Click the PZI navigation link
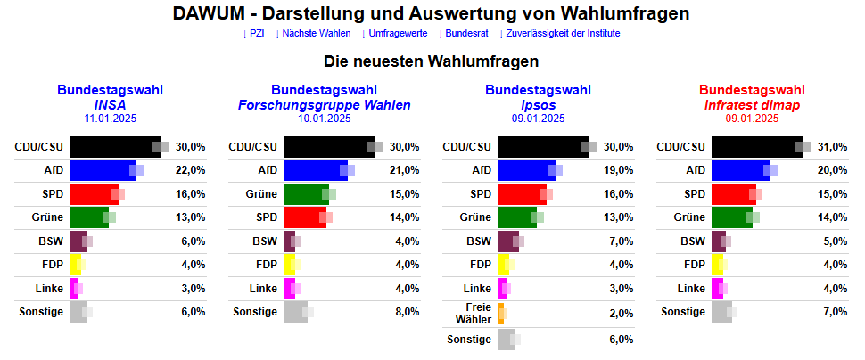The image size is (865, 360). [x=253, y=34]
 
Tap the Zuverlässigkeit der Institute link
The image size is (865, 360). [x=558, y=34]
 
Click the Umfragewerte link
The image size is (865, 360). [x=393, y=34]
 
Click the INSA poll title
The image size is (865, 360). [x=110, y=104]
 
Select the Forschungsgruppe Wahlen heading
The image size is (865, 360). [x=325, y=104]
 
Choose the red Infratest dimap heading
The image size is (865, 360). [x=752, y=104]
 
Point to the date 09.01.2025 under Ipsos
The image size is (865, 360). [x=538, y=118]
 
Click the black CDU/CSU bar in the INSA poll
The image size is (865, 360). [x=114, y=146]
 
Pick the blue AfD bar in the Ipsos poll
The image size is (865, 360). [x=525, y=170]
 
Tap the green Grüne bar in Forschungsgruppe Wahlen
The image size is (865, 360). [x=305, y=194]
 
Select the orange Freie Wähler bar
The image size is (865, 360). [x=500, y=313]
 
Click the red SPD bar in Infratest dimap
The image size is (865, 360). [x=733, y=194]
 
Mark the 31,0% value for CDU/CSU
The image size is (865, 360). [x=833, y=146]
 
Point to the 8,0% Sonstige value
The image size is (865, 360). [x=406, y=312]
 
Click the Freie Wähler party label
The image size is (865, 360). [x=474, y=313]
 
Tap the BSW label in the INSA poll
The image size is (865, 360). [x=51, y=241]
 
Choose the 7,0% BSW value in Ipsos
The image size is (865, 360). [x=620, y=241]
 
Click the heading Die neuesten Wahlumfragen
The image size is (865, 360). [x=431, y=62]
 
